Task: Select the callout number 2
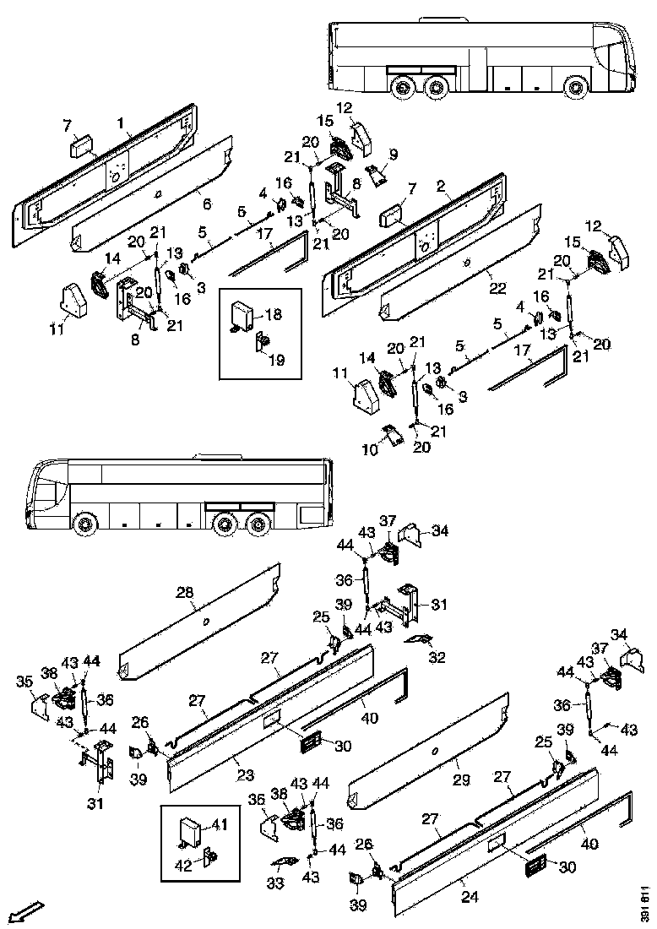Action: (x=442, y=185)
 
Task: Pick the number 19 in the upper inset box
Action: (x=276, y=359)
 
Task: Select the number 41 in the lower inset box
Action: (x=220, y=823)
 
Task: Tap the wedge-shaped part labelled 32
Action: (x=418, y=639)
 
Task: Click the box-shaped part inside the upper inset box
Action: (x=244, y=318)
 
